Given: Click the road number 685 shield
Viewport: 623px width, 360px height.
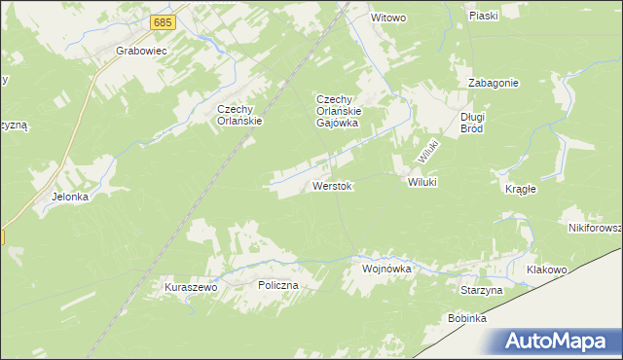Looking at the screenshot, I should click(x=164, y=20).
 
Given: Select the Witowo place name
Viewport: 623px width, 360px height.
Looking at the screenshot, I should click(x=387, y=18).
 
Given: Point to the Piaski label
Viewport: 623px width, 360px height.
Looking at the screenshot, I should click(x=483, y=16).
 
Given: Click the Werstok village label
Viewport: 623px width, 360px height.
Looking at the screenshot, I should click(x=332, y=185).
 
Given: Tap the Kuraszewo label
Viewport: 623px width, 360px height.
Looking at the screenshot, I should click(x=190, y=288).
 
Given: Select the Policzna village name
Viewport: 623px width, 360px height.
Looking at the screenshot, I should click(x=277, y=285).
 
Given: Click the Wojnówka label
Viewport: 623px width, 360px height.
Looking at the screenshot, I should click(x=387, y=268).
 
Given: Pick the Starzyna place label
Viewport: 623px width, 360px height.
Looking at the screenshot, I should click(x=481, y=290).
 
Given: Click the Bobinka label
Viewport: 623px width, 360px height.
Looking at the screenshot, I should click(x=467, y=318).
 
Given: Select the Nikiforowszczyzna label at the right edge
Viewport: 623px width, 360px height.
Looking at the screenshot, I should click(x=595, y=228).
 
